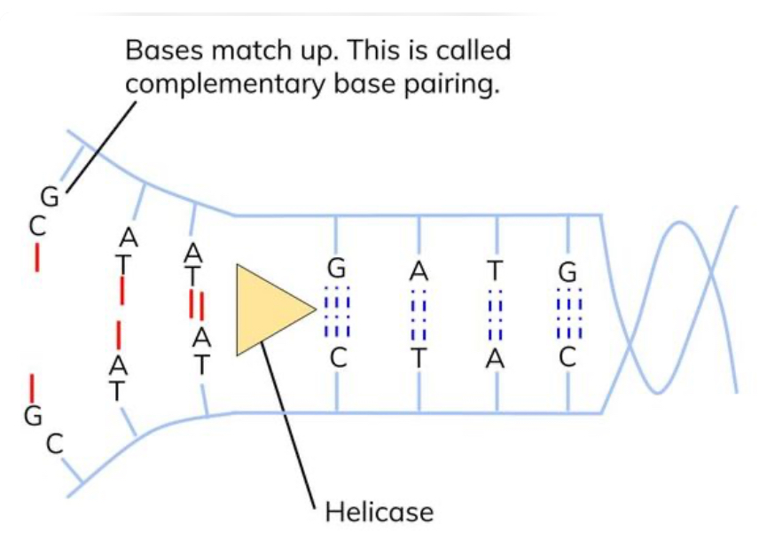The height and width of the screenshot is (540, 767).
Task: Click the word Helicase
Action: [x=380, y=512]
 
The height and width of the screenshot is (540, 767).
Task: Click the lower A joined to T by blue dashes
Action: [x=496, y=359]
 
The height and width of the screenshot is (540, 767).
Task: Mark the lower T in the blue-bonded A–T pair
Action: [x=419, y=359]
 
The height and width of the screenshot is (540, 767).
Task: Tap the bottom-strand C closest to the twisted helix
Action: [x=567, y=359]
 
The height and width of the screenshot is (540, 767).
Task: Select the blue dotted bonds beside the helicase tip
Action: [x=337, y=312]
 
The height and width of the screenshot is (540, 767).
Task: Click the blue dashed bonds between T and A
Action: [x=496, y=312]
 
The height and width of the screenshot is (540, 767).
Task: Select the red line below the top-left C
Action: [x=36, y=257]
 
